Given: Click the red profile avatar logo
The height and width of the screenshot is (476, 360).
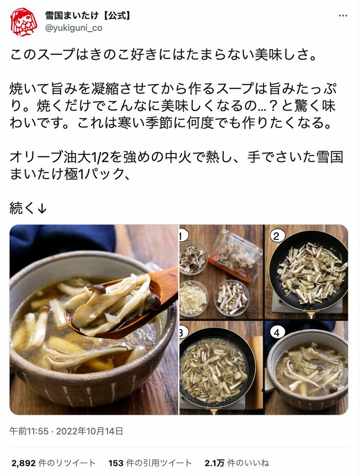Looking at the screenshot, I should click(24, 22).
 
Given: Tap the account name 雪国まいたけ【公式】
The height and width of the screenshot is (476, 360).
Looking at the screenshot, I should click(88, 16).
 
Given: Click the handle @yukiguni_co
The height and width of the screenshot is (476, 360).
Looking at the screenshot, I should click(74, 28).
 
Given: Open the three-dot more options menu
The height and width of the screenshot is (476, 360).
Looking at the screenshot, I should click(342, 16).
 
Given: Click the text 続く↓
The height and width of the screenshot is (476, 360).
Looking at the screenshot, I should click(28, 208).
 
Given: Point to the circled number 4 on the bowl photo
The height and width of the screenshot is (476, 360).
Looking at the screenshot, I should click(276, 332).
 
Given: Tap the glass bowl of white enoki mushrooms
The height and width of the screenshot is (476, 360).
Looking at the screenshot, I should click(193, 298).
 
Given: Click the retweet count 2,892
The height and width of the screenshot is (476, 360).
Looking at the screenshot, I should click(24, 463).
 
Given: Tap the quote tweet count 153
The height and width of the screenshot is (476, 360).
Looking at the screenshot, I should click(115, 463).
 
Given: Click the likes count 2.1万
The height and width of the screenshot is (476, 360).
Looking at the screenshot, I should click(214, 463).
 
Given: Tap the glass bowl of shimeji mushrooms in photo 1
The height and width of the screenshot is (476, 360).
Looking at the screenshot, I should click(232, 297).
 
